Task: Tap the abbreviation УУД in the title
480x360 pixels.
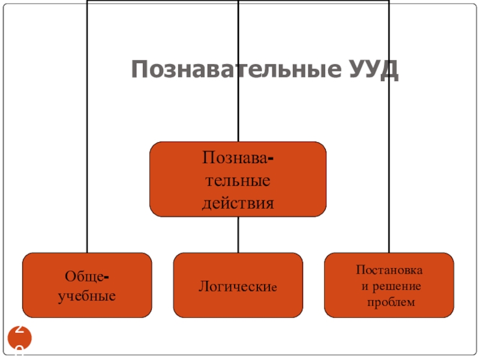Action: (373, 70)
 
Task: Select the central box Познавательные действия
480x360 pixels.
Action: (238, 179)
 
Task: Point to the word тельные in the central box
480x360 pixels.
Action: (238, 180)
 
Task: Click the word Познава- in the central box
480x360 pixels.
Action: (238, 158)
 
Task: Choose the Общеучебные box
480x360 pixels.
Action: (88, 284)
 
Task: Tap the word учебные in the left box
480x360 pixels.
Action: (87, 296)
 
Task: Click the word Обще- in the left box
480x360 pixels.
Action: (87, 277)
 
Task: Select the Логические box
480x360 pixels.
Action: (238, 284)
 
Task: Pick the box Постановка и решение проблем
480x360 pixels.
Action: (389, 284)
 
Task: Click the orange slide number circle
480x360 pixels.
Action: (19, 340)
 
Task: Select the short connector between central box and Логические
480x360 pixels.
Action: (238, 234)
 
